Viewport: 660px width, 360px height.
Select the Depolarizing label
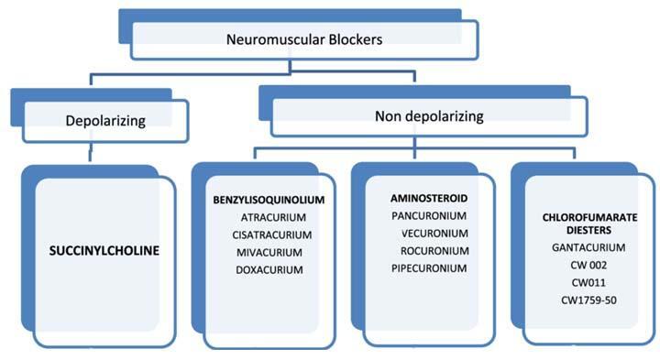tap(106, 120)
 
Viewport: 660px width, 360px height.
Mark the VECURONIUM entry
tap(435, 233)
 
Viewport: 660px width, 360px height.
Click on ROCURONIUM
tap(435, 250)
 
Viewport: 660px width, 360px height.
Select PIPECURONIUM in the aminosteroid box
tap(429, 267)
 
